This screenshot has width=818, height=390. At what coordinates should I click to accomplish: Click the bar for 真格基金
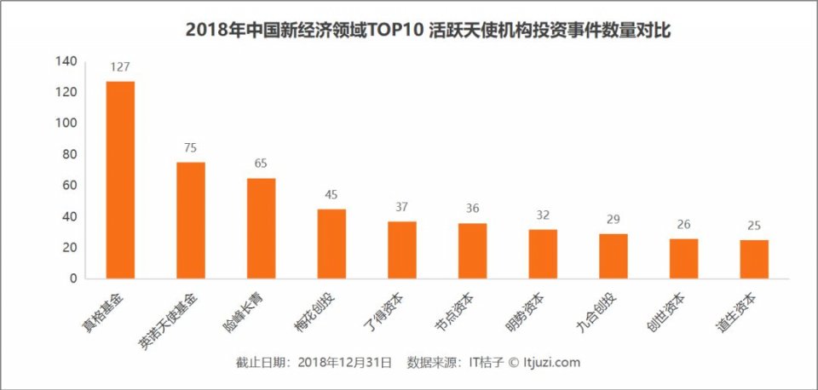pos(120,180)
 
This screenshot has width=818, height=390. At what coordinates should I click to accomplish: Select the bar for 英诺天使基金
pos(191,220)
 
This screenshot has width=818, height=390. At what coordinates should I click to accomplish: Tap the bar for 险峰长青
pos(262,228)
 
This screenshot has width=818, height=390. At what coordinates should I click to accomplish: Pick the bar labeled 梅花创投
pos(331,244)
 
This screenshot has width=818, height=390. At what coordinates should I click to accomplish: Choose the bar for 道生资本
pos(754,259)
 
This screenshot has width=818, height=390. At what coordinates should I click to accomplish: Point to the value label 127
pos(120,67)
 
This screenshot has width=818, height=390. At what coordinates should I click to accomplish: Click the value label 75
pos(191,148)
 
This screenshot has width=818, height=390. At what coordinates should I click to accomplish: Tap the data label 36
pos(473,209)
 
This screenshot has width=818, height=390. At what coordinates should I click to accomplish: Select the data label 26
pos(684,225)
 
